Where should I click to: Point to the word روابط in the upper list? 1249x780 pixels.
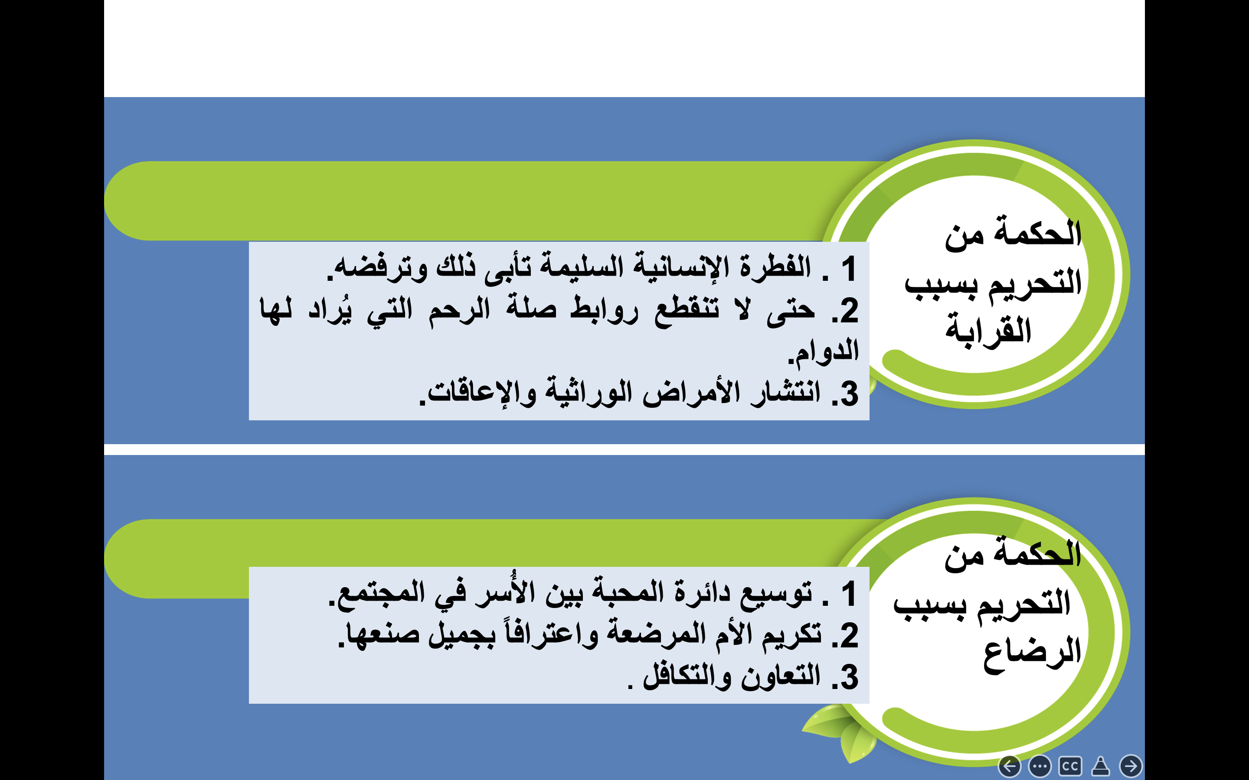click(604, 309)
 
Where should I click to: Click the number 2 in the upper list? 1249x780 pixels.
click(849, 311)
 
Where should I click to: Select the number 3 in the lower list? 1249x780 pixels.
click(849, 677)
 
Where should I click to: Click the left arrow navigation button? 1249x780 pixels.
click(1010, 766)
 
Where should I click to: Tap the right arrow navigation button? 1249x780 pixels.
click(1131, 766)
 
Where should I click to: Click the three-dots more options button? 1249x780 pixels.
click(1040, 766)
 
